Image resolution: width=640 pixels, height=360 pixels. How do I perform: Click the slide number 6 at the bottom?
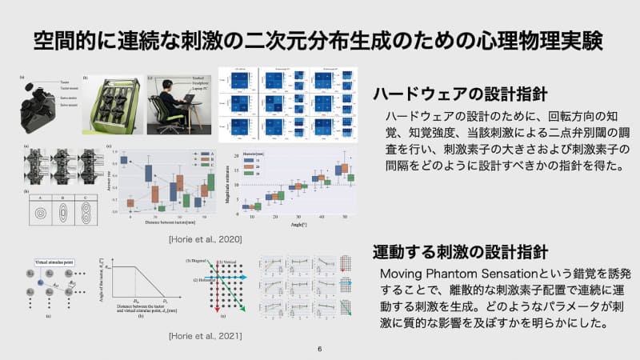coord(320,350)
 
